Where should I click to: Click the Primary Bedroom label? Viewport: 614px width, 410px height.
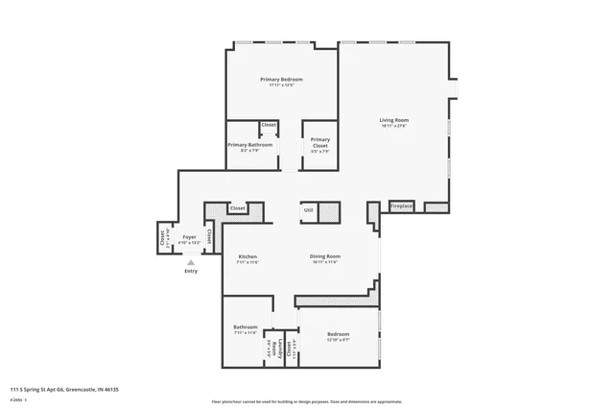pos(281,79)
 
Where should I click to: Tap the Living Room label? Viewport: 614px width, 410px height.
pos(393,119)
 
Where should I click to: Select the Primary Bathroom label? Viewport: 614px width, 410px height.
pos(249,144)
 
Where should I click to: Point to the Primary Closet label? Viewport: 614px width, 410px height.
pos(319,142)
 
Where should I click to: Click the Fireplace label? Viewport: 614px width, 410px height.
pos(401,206)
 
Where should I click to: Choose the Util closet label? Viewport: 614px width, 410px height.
pos(308,209)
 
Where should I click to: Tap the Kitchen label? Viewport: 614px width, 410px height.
pos(248,256)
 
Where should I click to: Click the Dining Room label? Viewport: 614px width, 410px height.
pos(325,256)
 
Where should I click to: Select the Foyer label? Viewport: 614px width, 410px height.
pos(190,236)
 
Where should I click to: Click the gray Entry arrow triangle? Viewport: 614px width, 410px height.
pos(191,261)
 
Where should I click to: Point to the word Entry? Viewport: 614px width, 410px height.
pos(191,271)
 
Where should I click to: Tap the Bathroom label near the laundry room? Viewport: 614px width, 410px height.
pos(245,327)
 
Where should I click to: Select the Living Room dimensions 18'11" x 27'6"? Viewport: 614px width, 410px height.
pos(393,126)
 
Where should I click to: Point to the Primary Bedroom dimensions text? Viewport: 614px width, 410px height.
pos(281,85)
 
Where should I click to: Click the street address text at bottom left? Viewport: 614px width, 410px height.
pos(63,389)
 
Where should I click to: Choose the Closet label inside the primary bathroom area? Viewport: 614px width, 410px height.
pos(269,125)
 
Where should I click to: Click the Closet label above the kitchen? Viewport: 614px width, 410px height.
pos(237,207)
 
